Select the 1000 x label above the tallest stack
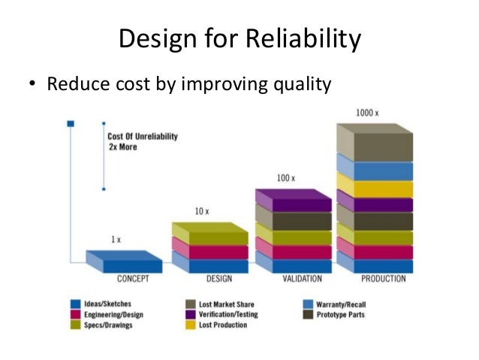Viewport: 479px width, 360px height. (x=367, y=113)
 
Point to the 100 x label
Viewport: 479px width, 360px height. (x=287, y=178)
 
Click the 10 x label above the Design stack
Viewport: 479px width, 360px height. (x=203, y=212)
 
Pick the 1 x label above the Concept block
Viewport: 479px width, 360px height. (x=116, y=240)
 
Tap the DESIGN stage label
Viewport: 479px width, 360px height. (x=211, y=280)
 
